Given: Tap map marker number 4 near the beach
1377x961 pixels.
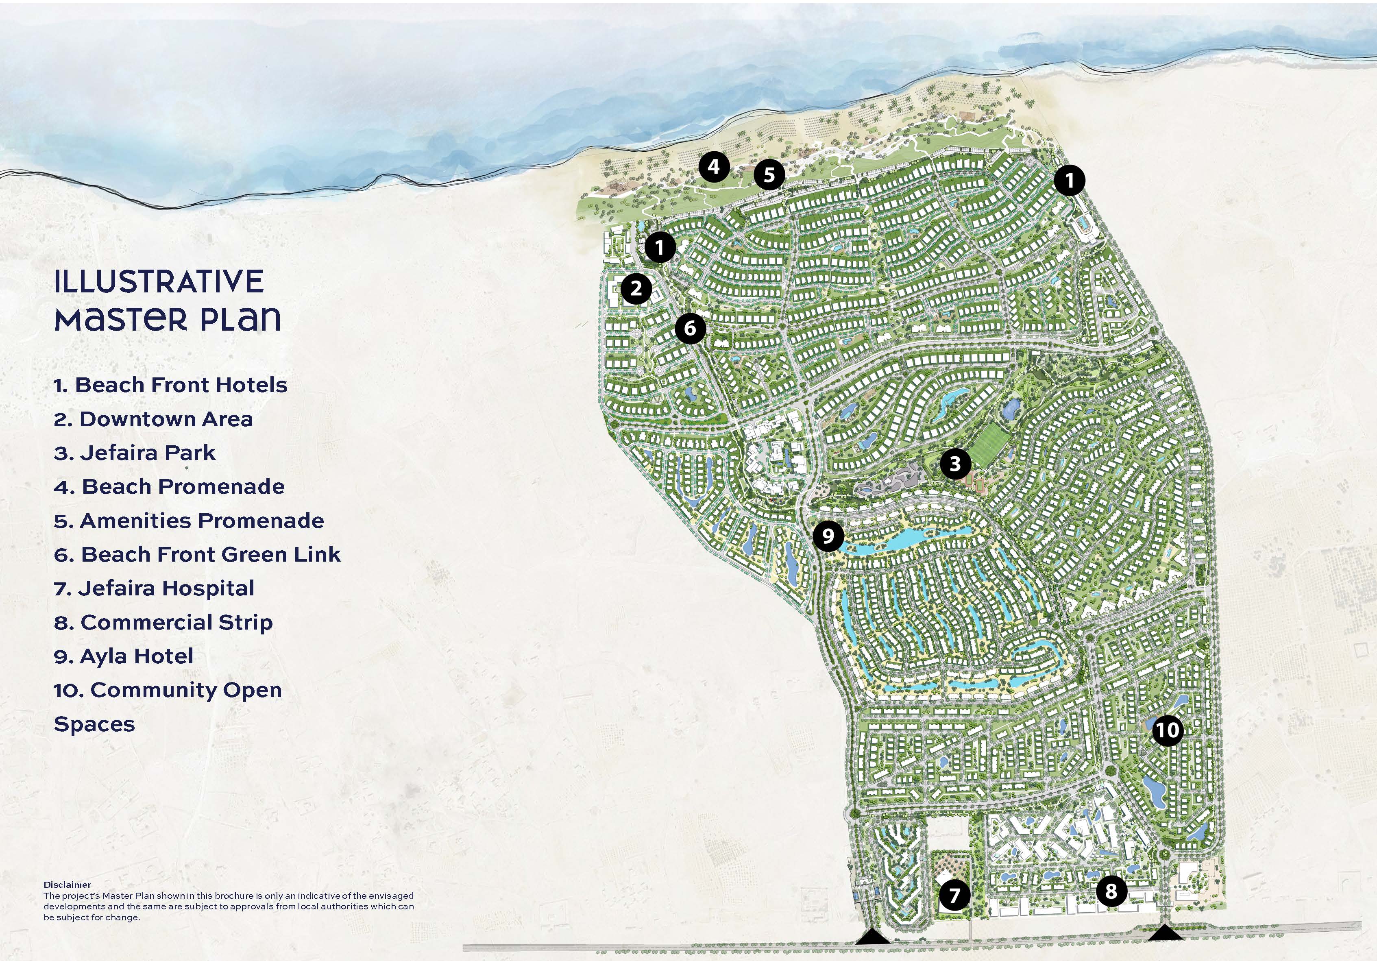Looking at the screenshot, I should pyautogui.click(x=714, y=166).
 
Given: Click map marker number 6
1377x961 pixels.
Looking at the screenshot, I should pyautogui.click(x=690, y=328).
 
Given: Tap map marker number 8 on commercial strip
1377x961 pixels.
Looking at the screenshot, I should pyautogui.click(x=1111, y=891).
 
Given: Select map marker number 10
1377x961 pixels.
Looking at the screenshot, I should pyautogui.click(x=1167, y=730).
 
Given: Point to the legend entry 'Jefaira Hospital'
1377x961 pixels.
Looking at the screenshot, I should pyautogui.click(x=154, y=588).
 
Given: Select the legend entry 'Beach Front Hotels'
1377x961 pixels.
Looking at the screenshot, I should pyautogui.click(x=170, y=384).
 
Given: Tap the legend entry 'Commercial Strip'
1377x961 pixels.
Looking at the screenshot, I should pyautogui.click(x=163, y=623).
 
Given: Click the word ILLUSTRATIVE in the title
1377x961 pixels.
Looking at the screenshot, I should pyautogui.click(x=159, y=282).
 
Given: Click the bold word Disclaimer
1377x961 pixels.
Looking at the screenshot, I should pyautogui.click(x=67, y=884).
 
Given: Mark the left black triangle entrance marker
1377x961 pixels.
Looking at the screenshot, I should pyautogui.click(x=873, y=937).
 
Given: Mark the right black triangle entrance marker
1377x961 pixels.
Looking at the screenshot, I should pyautogui.click(x=1165, y=933).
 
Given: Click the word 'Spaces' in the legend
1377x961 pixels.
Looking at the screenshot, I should pyautogui.click(x=94, y=724).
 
